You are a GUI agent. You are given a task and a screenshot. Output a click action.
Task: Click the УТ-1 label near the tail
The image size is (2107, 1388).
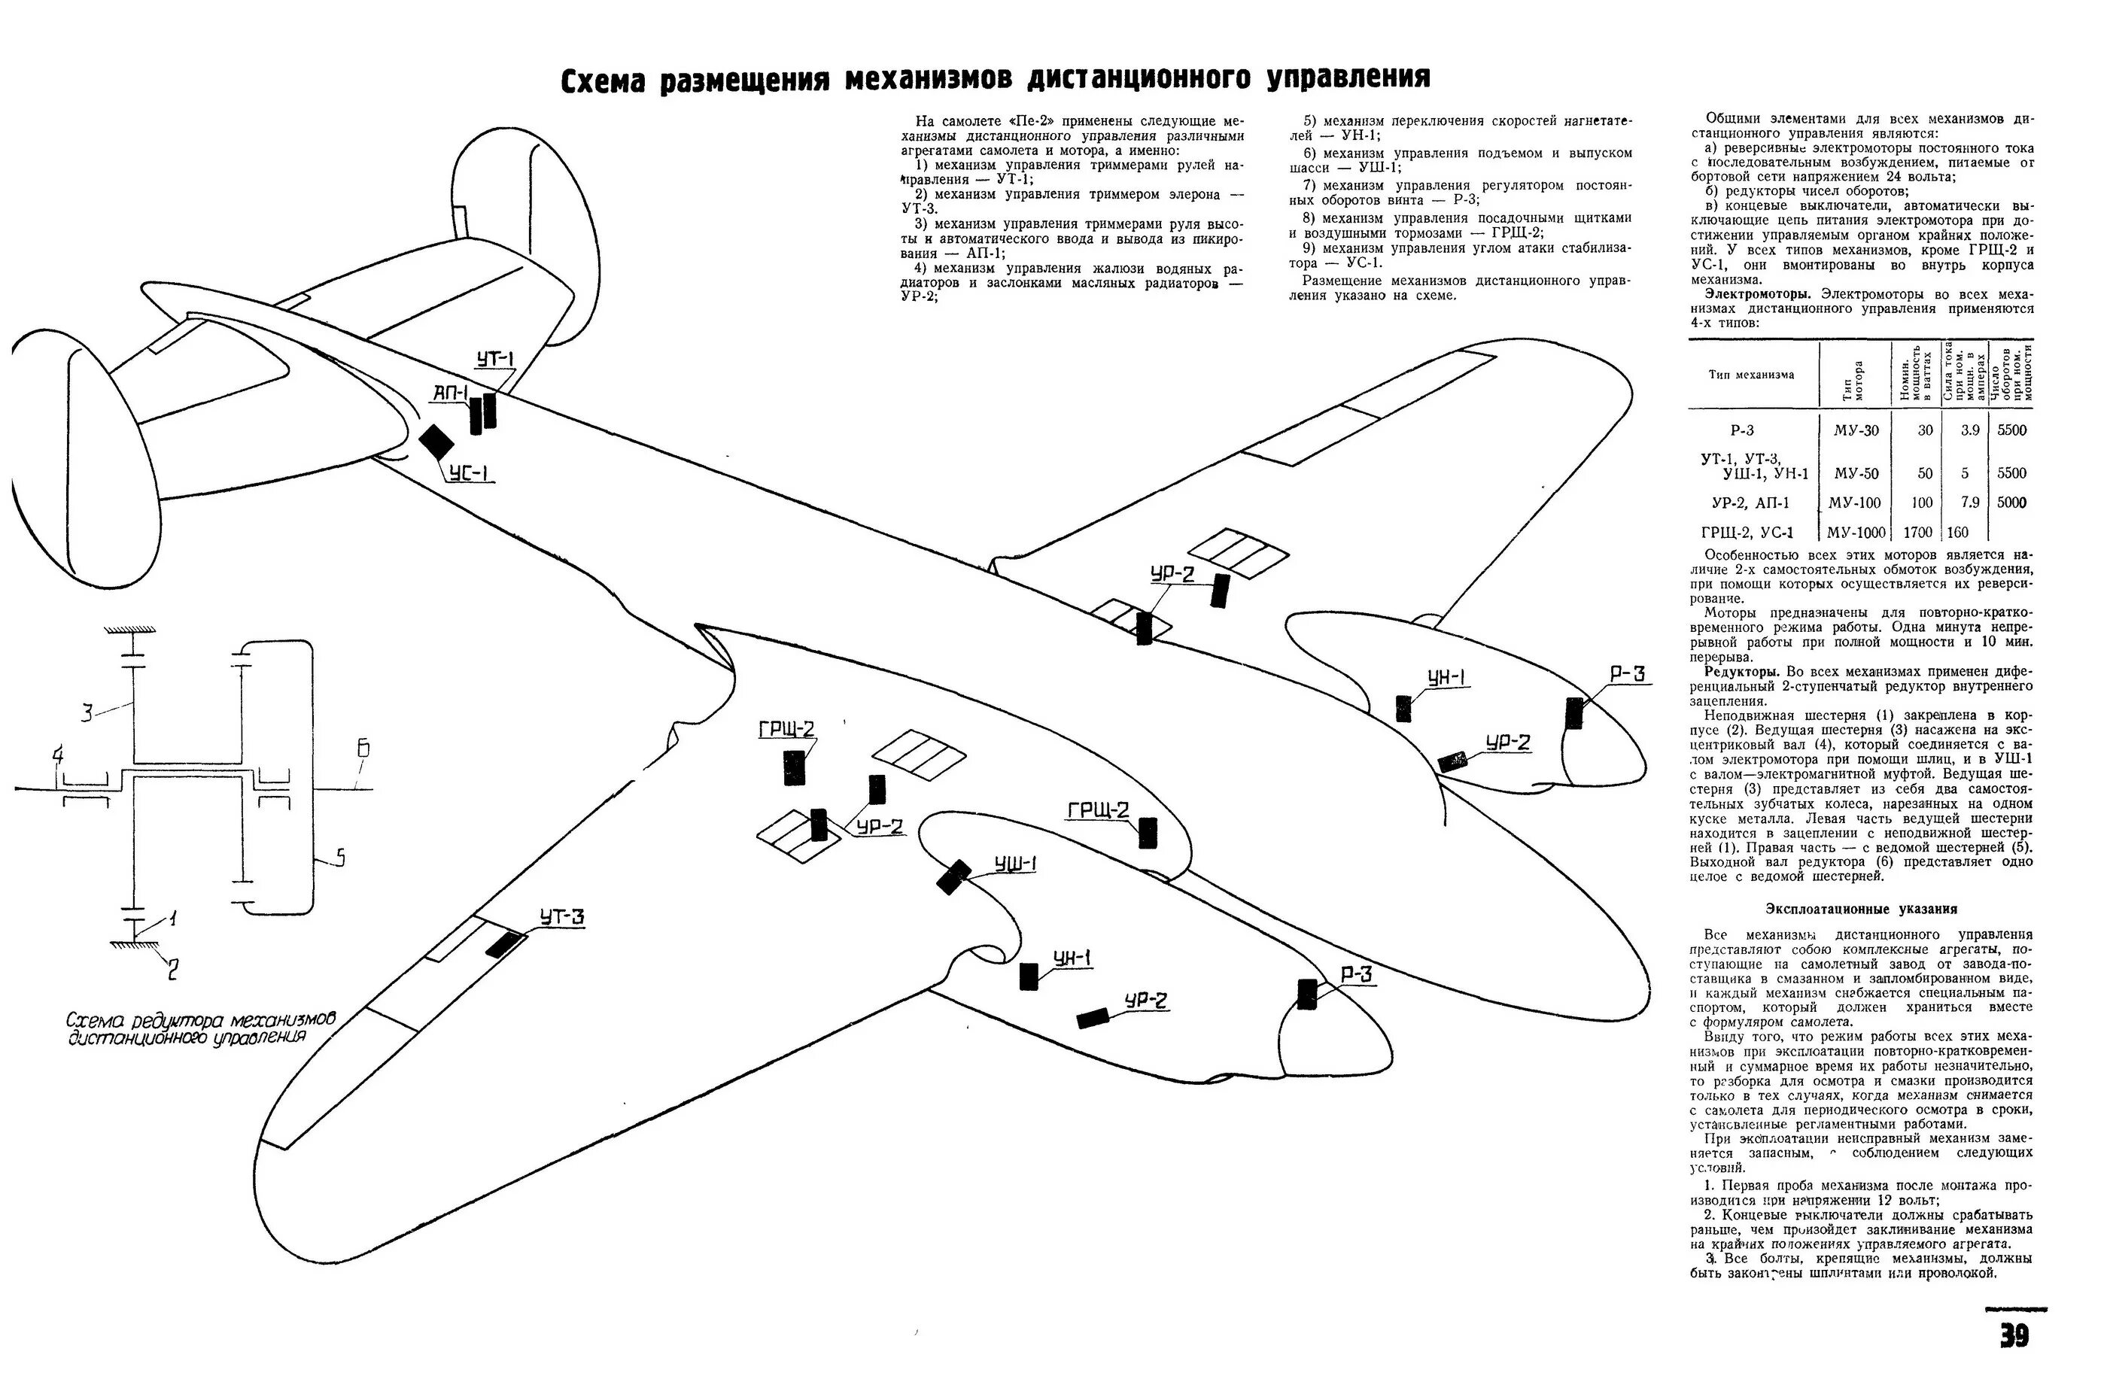click(x=495, y=360)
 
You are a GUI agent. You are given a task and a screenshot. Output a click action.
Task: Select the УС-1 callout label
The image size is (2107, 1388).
click(x=470, y=475)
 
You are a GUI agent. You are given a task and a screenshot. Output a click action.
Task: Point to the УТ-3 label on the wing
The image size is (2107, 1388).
click(x=562, y=917)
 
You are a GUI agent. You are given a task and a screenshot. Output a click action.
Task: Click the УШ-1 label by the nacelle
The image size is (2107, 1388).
click(x=1015, y=864)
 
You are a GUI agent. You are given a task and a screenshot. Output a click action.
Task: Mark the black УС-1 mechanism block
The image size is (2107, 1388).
click(x=436, y=442)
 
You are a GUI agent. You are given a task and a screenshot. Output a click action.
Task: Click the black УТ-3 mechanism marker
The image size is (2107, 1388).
click(x=503, y=943)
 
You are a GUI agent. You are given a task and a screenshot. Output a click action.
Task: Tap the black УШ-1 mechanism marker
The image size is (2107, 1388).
click(x=953, y=878)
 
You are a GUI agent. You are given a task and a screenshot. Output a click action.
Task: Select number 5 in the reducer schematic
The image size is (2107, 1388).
click(x=340, y=857)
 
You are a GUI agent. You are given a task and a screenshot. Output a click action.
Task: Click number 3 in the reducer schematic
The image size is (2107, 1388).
click(x=87, y=712)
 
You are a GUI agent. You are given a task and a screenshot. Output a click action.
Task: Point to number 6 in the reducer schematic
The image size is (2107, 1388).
click(x=363, y=749)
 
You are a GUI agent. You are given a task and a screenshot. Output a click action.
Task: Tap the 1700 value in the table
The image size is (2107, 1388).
click(x=1918, y=533)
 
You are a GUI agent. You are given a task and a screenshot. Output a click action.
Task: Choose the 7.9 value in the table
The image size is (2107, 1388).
click(x=1963, y=503)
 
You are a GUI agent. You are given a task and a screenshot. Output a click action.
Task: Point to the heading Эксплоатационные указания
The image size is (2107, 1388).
click(x=1861, y=909)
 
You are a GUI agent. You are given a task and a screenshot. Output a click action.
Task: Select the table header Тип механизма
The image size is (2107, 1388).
click(x=1751, y=375)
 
